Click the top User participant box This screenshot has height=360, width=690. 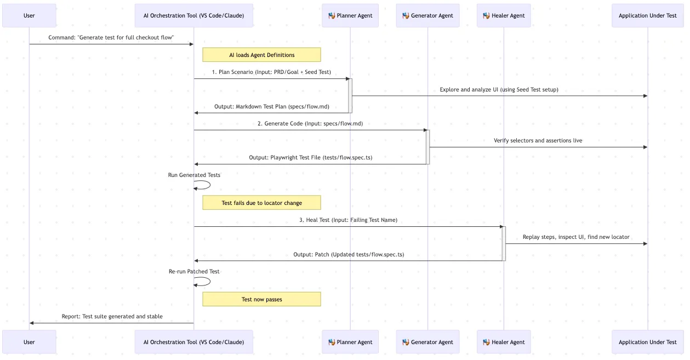[x=29, y=15]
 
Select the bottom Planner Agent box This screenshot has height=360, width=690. [x=350, y=342]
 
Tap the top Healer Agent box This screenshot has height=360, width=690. [x=504, y=15]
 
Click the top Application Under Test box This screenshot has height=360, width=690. [x=647, y=15]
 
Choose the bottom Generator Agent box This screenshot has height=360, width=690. [x=427, y=342]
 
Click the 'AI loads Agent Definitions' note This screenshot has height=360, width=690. [x=261, y=55]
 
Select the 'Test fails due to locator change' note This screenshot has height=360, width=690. [x=261, y=203]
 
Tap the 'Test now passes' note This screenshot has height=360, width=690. [x=261, y=299]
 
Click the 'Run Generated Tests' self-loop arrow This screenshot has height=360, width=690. [x=204, y=185]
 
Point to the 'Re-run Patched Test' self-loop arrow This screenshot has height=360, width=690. [x=204, y=282]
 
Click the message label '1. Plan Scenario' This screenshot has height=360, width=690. [x=271, y=72]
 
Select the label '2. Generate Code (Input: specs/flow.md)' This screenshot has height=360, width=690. [x=310, y=124]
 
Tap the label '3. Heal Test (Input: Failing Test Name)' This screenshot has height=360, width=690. [x=348, y=220]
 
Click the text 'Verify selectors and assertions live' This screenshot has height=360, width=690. [x=538, y=141]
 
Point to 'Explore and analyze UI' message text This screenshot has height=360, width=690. [x=499, y=90]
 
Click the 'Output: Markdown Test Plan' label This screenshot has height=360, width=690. [x=271, y=107]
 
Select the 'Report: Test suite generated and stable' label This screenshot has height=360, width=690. [x=112, y=317]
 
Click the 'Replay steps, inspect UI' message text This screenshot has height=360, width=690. [x=575, y=237]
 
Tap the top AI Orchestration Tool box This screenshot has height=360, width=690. [x=194, y=15]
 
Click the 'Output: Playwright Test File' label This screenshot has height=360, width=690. [x=310, y=158]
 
